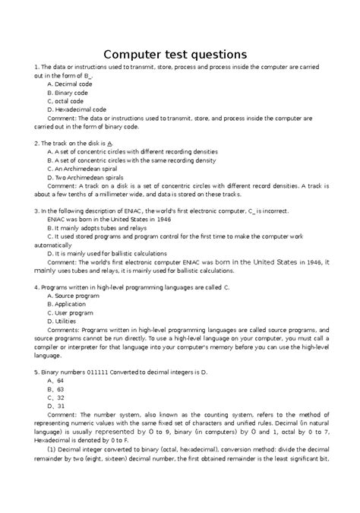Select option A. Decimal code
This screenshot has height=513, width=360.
point(70,84)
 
